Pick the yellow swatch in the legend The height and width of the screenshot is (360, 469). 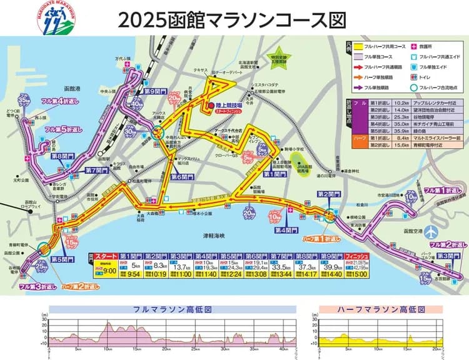[x=361, y=46]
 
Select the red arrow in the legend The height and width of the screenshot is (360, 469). [x=361, y=66]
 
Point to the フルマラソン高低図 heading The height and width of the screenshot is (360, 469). [x=173, y=309]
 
